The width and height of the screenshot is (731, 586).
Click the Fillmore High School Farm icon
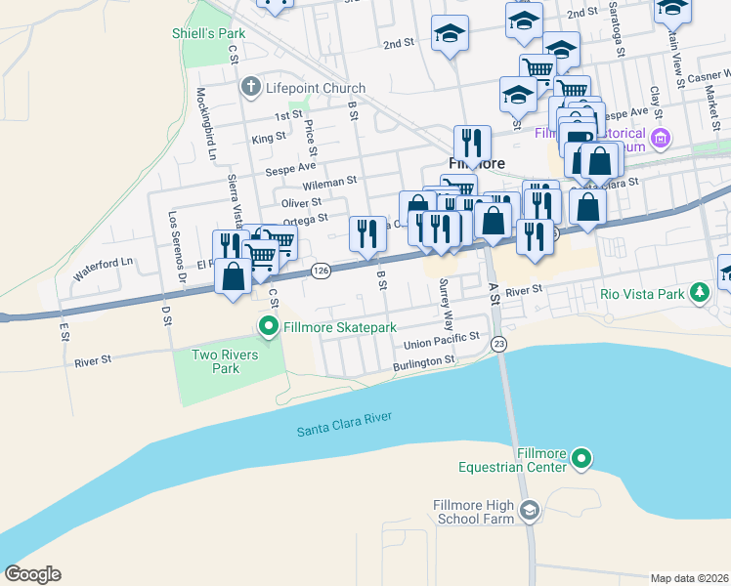coord(529,510)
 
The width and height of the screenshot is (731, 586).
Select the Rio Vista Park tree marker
coord(699,292)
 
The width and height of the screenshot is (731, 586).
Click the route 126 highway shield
coord(320,270)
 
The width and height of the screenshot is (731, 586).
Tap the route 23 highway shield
coord(498,343)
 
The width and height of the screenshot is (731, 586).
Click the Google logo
coord(32,574)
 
